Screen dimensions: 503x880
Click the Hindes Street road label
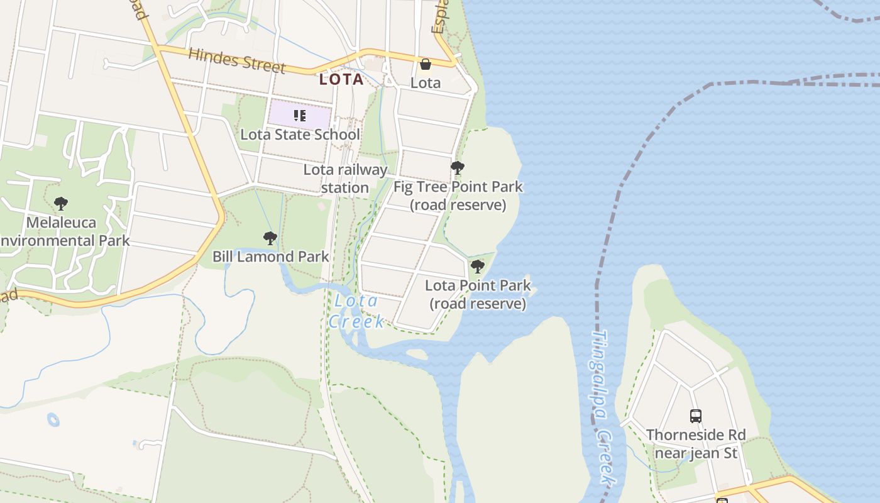[x=237, y=60]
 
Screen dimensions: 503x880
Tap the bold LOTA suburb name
[x=341, y=79]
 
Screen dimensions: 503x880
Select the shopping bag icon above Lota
[x=426, y=64]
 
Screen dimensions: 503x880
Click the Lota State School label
[x=300, y=135]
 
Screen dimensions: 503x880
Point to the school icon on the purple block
[x=300, y=116]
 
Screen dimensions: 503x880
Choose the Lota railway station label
[x=345, y=179]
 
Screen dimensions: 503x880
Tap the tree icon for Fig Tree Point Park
[x=458, y=168]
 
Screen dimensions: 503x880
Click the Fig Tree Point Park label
[x=458, y=196]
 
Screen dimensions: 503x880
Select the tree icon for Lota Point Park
[x=478, y=267]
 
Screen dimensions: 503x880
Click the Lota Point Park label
[x=478, y=294]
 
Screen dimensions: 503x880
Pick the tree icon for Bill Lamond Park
[x=270, y=238]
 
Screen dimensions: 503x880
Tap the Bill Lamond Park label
[x=271, y=257]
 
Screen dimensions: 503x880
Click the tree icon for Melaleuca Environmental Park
[x=61, y=204]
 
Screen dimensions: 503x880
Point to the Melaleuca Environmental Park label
[x=63, y=231]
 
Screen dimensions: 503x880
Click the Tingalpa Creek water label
[x=602, y=409]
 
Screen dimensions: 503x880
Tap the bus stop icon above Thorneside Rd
[x=696, y=416]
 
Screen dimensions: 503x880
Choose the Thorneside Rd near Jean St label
[x=696, y=444]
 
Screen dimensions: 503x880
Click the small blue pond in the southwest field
[x=53, y=419]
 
